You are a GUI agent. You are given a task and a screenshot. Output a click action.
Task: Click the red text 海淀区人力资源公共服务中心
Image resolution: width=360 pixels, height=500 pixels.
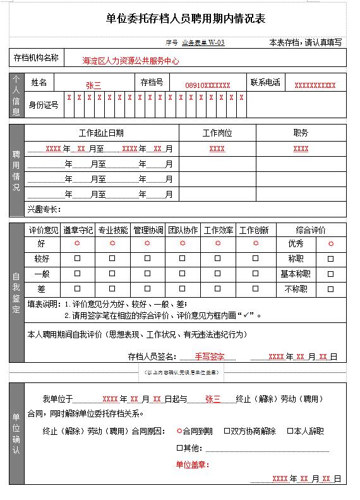pyautogui.click(x=131, y=61)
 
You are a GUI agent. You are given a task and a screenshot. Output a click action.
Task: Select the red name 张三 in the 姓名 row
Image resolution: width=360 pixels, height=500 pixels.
pyautogui.click(x=93, y=85)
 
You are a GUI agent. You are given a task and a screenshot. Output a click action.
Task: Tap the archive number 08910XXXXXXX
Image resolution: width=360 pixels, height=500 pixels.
pyautogui.click(x=207, y=85)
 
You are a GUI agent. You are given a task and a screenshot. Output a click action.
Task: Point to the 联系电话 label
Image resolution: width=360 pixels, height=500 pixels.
pyautogui.click(x=265, y=82)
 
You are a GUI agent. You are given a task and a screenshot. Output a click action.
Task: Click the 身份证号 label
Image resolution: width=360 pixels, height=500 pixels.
pyautogui.click(x=44, y=105)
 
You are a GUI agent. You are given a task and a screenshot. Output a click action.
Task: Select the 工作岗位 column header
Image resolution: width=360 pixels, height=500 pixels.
pyautogui.click(x=217, y=133)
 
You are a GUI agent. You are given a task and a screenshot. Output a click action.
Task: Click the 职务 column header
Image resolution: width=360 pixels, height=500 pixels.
pyautogui.click(x=301, y=133)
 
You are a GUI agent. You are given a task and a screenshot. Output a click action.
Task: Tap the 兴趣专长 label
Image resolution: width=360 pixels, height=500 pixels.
pyautogui.click(x=44, y=209)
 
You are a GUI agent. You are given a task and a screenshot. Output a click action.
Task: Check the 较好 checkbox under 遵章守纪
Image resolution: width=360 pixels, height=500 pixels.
pyautogui.click(x=78, y=259)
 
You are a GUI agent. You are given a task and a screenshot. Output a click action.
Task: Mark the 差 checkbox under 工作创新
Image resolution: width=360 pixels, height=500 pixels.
pyautogui.click(x=255, y=289)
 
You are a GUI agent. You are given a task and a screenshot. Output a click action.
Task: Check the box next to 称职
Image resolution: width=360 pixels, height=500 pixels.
pyautogui.click(x=330, y=259)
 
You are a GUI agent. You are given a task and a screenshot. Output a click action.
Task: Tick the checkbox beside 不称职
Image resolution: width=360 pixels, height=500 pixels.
pyautogui.click(x=330, y=289)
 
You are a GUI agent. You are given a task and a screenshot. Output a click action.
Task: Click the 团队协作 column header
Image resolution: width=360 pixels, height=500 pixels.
pyautogui.click(x=183, y=230)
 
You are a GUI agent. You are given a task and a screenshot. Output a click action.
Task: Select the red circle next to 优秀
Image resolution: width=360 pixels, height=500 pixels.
pyautogui.click(x=330, y=243)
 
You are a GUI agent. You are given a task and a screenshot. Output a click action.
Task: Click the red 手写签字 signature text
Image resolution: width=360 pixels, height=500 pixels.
pyautogui.click(x=210, y=357)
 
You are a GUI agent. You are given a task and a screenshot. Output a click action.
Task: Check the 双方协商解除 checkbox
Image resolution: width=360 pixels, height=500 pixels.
pyautogui.click(x=227, y=431)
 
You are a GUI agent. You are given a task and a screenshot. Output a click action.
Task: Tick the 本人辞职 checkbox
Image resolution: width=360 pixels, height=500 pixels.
pyautogui.click(x=291, y=431)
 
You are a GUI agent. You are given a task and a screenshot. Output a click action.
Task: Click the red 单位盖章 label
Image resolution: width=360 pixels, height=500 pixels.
pyautogui.click(x=193, y=465)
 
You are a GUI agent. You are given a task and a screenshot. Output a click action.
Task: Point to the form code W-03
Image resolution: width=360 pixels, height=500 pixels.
pyautogui.click(x=217, y=43)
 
